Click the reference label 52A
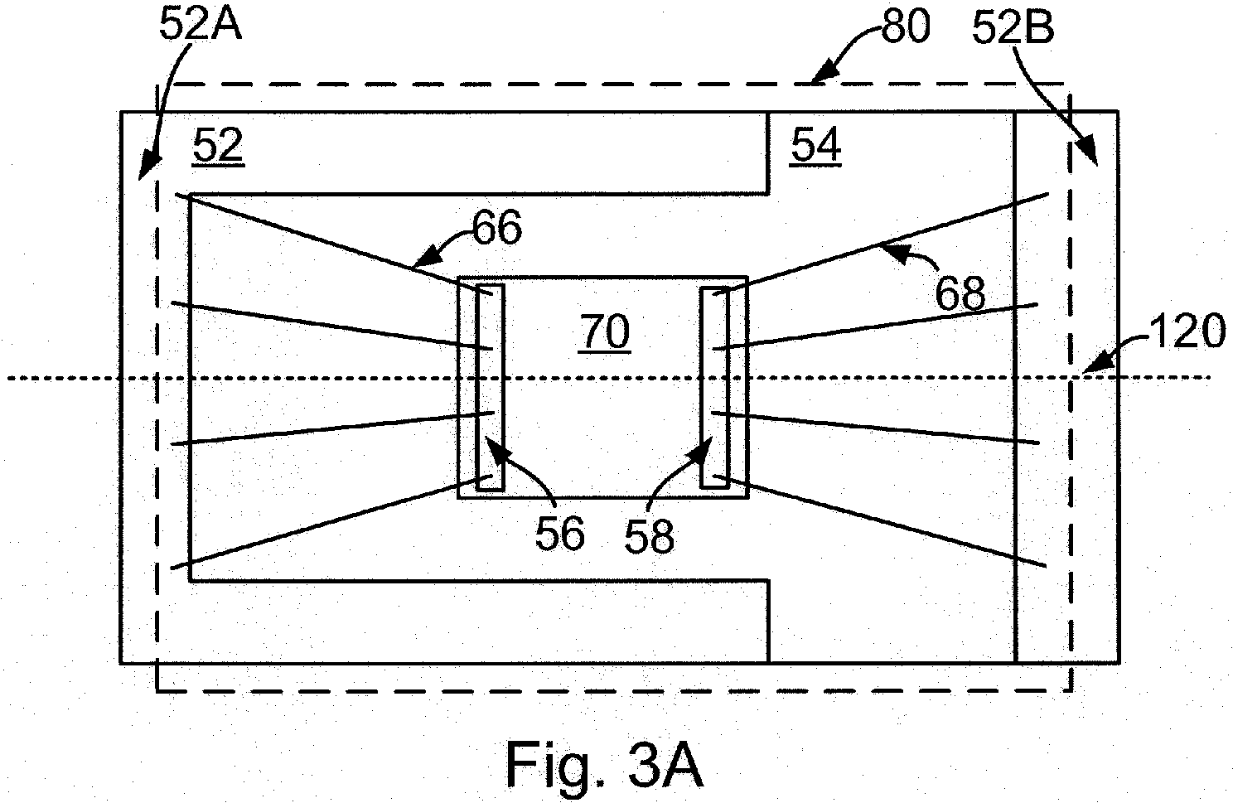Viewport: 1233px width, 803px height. (x=201, y=25)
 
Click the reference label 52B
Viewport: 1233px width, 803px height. (x=1013, y=27)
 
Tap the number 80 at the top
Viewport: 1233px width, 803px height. (x=906, y=27)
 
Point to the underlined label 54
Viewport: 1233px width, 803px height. (x=815, y=145)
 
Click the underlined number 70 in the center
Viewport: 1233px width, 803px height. (x=605, y=332)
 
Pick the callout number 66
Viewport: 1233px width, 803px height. (x=497, y=228)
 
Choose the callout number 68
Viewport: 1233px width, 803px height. (x=960, y=293)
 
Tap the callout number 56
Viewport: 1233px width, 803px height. (x=559, y=534)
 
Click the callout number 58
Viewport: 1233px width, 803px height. (x=649, y=536)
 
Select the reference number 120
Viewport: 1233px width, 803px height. (x=1188, y=331)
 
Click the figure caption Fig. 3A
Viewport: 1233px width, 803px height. (x=604, y=766)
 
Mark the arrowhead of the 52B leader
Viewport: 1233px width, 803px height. (x=1087, y=152)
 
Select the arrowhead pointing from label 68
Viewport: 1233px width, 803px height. (x=892, y=253)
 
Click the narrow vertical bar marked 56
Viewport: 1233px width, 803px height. (x=490, y=387)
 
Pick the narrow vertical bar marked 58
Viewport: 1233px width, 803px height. (x=714, y=388)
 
